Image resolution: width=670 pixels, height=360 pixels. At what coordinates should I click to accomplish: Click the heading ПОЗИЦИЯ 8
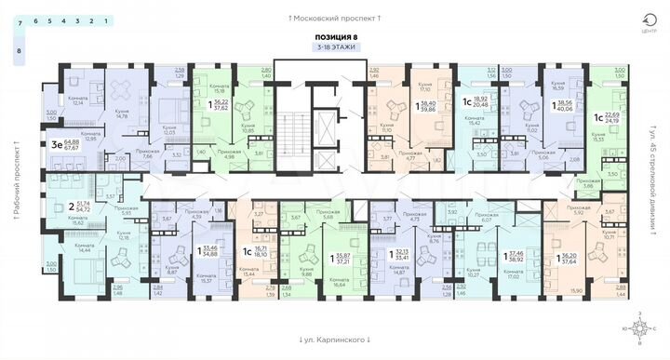click(335, 35)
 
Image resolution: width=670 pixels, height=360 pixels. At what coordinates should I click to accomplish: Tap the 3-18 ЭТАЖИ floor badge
click(335, 47)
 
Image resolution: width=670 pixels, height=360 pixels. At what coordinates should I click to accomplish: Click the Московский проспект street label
click(335, 18)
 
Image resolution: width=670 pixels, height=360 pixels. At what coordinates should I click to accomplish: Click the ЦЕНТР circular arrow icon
click(637, 21)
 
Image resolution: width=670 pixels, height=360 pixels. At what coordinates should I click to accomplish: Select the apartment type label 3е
click(57, 144)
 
